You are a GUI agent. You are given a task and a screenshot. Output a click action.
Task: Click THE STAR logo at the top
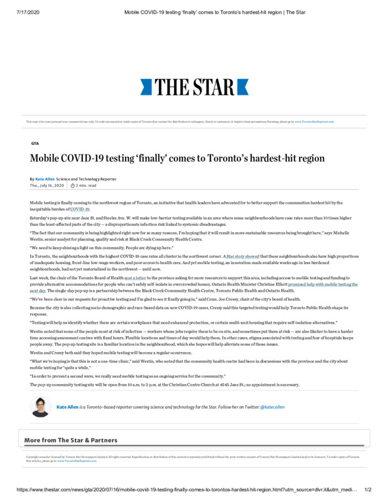[193, 86]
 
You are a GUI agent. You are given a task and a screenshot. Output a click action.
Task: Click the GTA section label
[35, 143]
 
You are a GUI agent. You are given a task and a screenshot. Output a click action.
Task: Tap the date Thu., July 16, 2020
[47, 186]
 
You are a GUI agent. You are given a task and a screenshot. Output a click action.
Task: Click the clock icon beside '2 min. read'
[73, 186]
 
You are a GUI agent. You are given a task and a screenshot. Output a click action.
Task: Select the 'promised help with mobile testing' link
[323, 284]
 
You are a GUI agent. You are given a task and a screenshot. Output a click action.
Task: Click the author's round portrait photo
[40, 407]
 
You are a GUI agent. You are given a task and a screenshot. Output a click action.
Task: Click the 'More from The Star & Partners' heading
[71, 441]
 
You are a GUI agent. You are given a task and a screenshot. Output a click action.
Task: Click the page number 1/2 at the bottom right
[368, 489]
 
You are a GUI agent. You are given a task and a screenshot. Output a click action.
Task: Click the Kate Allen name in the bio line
[67, 407]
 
